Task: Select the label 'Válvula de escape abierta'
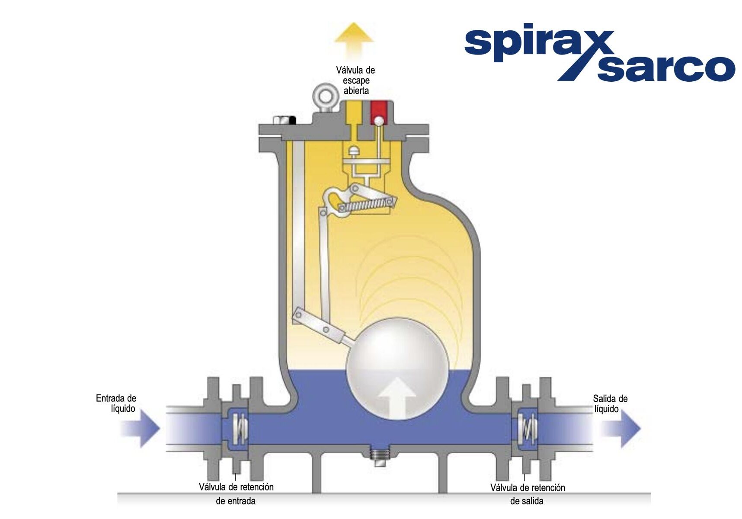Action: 355,80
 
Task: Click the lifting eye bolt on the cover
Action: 325,98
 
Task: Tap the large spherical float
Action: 398,369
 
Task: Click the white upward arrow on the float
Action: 397,398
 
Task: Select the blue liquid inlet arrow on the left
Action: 141,428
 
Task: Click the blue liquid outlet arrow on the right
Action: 621,428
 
